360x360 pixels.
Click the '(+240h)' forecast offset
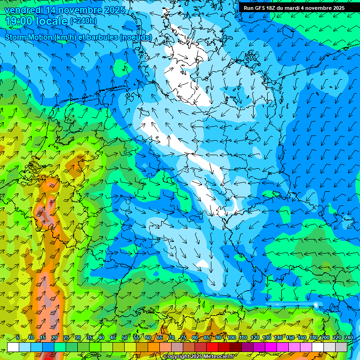(x=83, y=21)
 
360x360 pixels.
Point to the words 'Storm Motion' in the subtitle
(x=28, y=37)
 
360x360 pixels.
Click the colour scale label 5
(x=17, y=337)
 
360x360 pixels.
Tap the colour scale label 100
(x=231, y=337)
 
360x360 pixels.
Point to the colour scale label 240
(x=349, y=337)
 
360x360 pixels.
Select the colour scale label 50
(x=124, y=337)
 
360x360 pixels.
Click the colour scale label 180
(x=313, y=337)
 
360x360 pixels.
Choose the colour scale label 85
(x=207, y=337)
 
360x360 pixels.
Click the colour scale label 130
(x=266, y=337)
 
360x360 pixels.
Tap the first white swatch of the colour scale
(x=13, y=347)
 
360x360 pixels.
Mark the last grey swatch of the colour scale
(x=341, y=347)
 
